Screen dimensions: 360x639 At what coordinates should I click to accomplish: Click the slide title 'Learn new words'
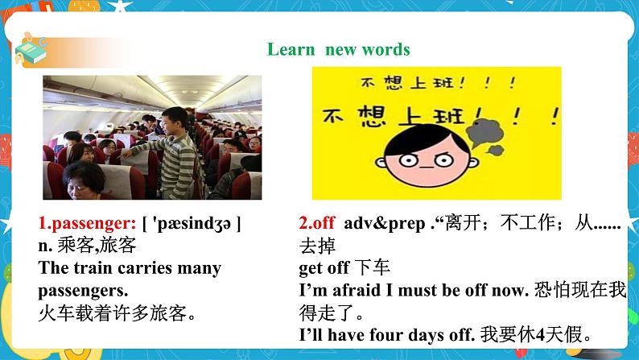pyautogui.click(x=338, y=50)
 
